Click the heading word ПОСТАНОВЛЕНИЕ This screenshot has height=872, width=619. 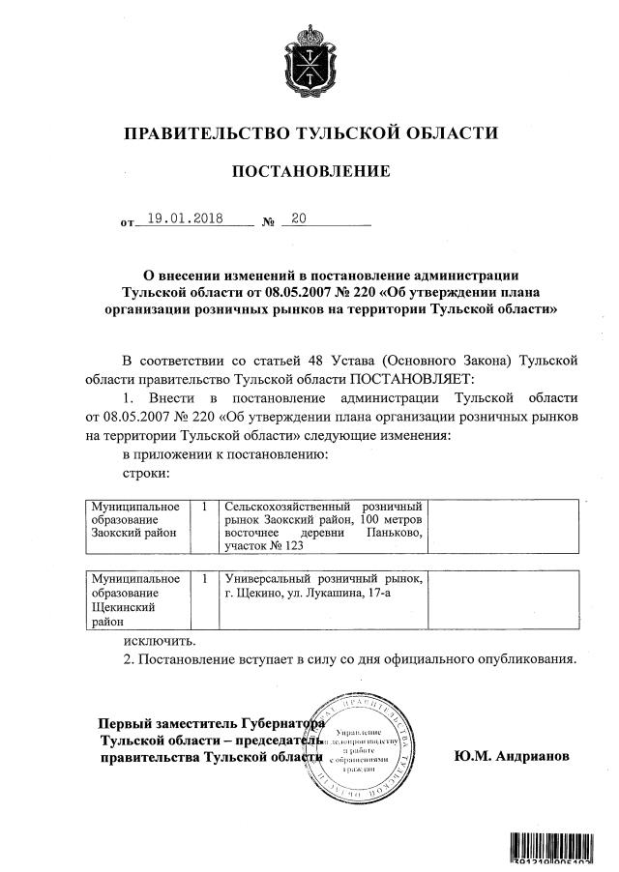(310, 172)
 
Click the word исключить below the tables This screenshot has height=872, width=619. (160, 640)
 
